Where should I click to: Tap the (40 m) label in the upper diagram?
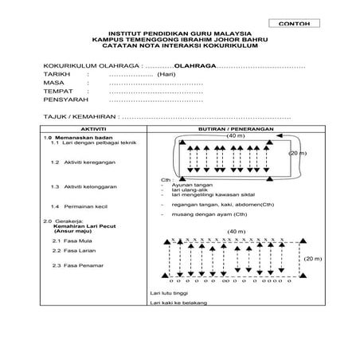(235, 136)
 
